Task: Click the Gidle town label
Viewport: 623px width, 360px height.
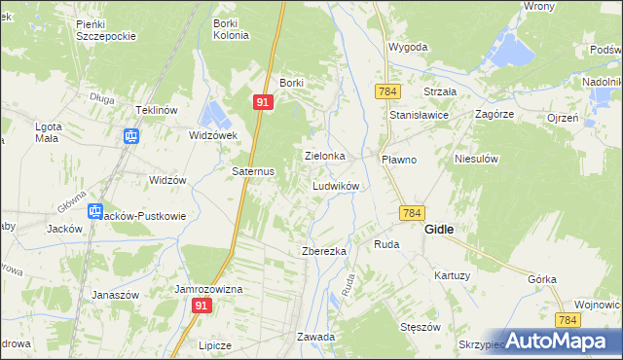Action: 442,230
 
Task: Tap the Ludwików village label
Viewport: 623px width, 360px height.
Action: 337,185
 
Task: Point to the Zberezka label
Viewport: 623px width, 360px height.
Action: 324,251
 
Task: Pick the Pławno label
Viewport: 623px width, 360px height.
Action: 399,159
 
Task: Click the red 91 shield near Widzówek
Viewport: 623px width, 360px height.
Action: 264,101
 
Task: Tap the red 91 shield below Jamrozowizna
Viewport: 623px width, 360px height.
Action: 202,306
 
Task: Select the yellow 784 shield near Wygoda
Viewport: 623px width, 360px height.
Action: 387,90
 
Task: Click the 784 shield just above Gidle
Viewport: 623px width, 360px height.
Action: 411,212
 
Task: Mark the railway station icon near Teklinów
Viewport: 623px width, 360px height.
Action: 129,136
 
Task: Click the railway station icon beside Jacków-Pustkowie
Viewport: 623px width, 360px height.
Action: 95,211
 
